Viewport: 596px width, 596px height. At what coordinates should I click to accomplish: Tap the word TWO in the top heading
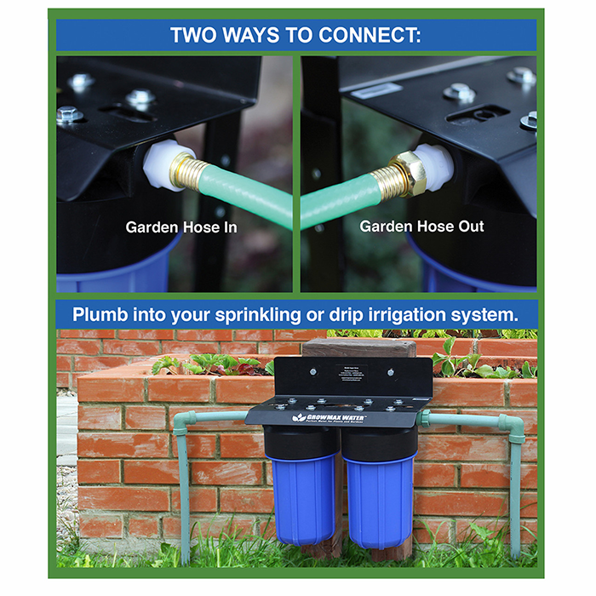[x=197, y=35]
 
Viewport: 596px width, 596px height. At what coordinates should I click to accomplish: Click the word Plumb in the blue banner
[x=100, y=313]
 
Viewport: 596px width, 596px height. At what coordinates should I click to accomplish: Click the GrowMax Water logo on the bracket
[x=332, y=417]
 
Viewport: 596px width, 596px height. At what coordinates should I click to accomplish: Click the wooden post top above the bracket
[x=358, y=347]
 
